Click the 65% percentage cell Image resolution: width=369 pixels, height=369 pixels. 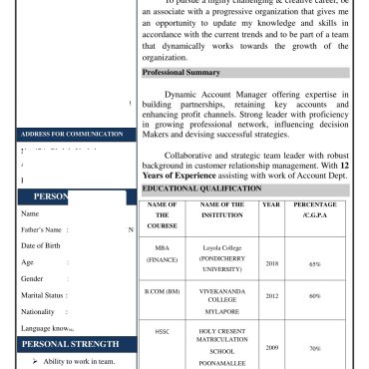coord(314,265)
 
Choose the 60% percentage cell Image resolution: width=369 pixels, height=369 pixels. coord(314,296)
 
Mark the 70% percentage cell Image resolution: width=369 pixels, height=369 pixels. coord(314,350)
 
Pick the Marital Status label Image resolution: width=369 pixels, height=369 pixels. coord(44,295)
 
